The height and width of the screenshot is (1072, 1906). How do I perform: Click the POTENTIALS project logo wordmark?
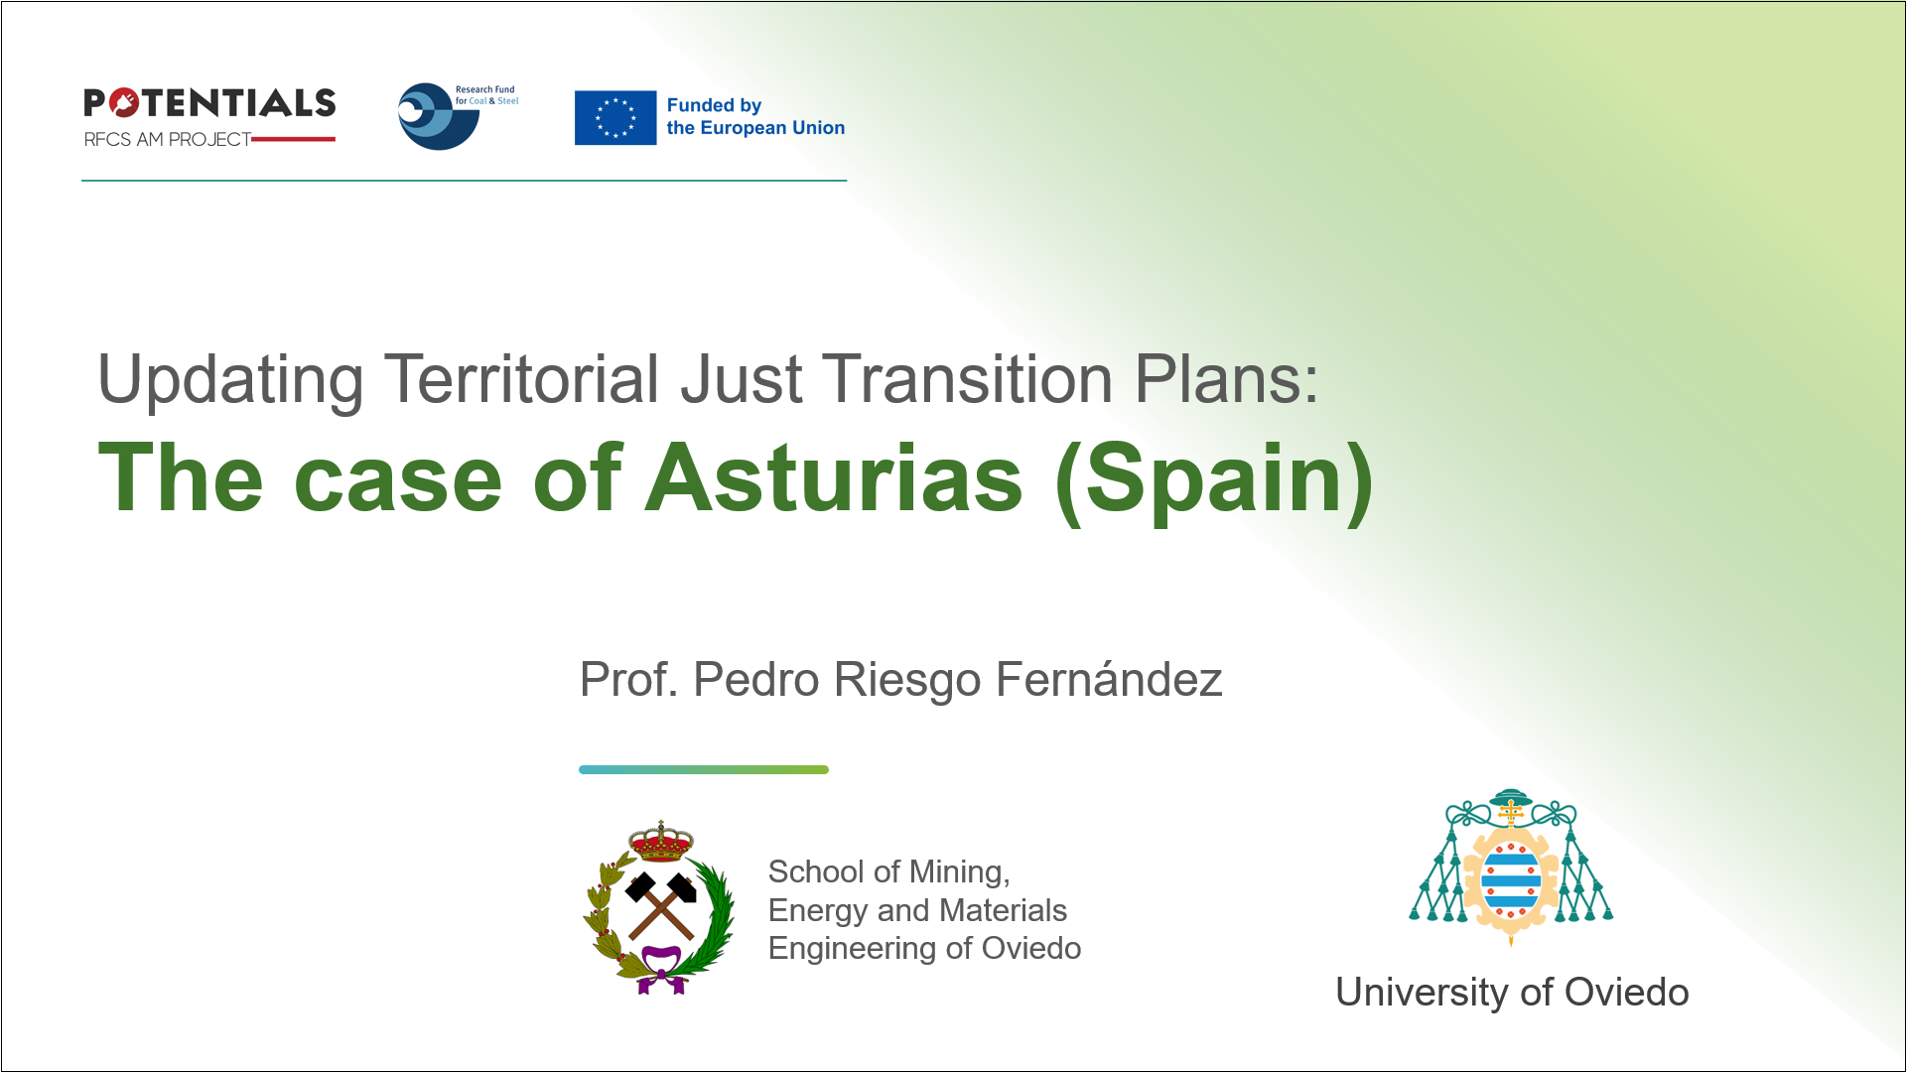click(209, 103)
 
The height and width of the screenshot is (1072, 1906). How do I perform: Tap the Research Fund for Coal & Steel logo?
click(457, 116)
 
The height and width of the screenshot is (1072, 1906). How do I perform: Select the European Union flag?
click(615, 117)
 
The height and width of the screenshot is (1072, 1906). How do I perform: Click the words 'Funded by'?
click(714, 105)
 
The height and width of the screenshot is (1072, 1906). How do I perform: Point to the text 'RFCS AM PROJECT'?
click(168, 140)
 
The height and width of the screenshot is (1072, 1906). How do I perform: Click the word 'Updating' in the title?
click(230, 380)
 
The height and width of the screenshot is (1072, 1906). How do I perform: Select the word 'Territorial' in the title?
click(521, 378)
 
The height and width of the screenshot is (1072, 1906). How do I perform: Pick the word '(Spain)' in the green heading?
click(1215, 482)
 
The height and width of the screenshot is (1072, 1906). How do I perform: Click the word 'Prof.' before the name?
click(629, 680)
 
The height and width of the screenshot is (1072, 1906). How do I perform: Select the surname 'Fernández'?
click(1109, 679)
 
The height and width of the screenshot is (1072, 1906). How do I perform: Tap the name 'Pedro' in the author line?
click(756, 680)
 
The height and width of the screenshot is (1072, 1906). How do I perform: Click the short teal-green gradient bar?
click(704, 769)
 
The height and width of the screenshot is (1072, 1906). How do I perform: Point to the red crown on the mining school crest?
click(661, 842)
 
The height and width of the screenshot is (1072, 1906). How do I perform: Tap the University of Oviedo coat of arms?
click(1511, 868)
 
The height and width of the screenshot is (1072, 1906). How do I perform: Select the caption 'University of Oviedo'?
click(1512, 992)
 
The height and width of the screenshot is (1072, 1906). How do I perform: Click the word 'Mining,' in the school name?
click(960, 871)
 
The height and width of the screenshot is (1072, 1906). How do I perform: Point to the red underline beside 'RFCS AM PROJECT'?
click(294, 140)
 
